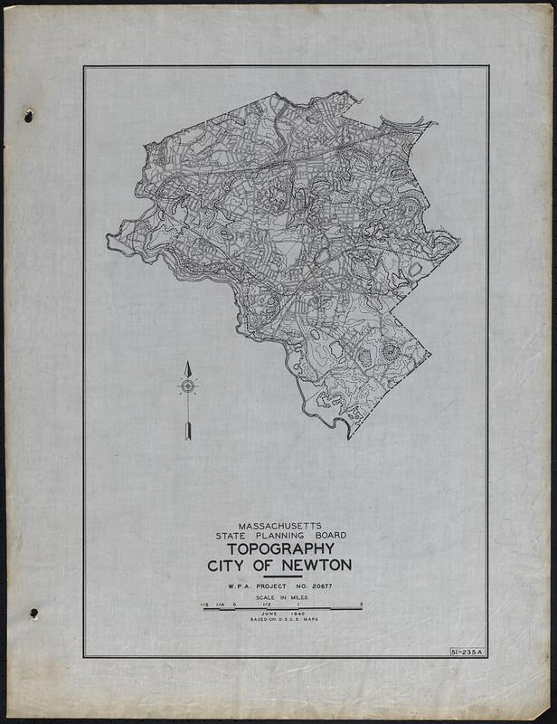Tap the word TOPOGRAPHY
281,548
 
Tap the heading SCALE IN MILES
281,598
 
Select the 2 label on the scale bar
361,604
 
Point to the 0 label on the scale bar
234,604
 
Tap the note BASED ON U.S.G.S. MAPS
281,620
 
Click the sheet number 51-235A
467,652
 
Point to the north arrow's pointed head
188,367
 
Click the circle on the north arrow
188,386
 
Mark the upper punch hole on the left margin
28,116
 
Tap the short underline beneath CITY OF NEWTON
281,576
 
